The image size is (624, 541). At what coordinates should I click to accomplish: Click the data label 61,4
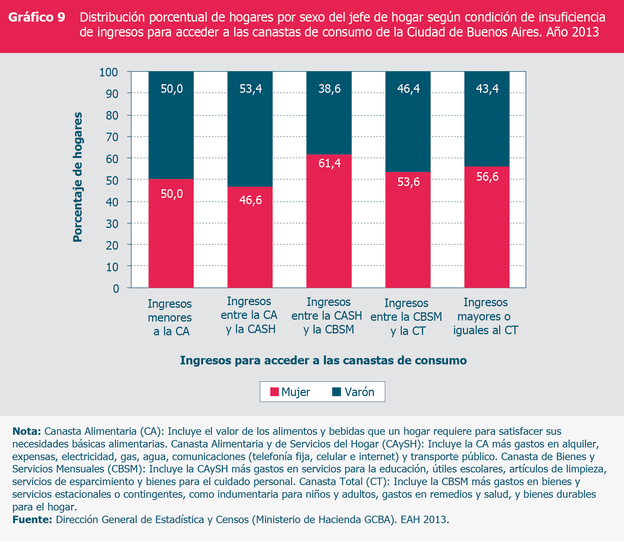[330, 163]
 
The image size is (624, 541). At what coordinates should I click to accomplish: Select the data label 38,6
[330, 89]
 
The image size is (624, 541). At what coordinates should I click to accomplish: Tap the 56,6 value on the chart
[487, 177]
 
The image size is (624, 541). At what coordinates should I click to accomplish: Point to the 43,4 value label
[487, 89]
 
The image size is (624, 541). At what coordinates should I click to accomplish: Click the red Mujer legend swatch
[274, 392]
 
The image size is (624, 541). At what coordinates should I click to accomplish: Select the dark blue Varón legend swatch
[337, 392]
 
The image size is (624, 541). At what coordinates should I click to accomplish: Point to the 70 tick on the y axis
[112, 137]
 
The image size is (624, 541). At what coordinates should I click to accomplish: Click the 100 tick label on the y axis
[108, 72]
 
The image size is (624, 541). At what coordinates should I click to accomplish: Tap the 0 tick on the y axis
[116, 288]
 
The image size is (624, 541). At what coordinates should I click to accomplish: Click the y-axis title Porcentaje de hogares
[78, 177]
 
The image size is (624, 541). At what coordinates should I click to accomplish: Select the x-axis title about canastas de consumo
[323, 360]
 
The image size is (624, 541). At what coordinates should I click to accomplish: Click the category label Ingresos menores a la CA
[170, 317]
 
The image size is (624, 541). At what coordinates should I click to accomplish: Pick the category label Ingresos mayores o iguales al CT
[485, 316]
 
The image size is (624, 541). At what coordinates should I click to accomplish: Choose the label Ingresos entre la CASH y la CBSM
[327, 316]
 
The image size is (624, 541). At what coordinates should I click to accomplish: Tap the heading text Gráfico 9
[37, 18]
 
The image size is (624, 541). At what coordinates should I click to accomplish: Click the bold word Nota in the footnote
[26, 431]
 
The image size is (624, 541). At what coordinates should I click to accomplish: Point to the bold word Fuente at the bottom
[32, 520]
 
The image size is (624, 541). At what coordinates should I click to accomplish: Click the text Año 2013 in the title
[572, 32]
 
